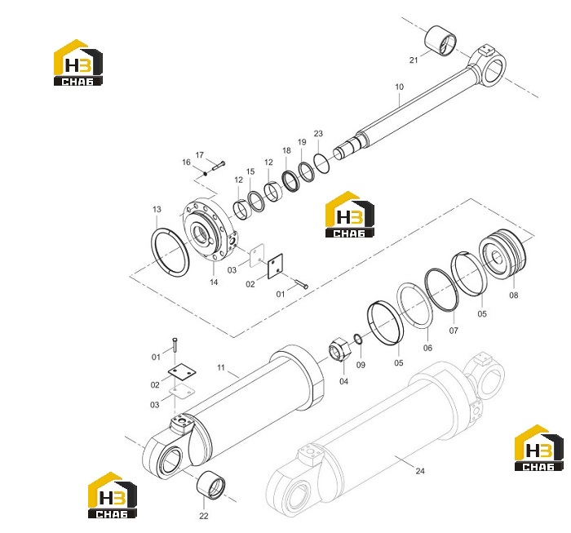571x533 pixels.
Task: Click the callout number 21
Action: click(x=414, y=60)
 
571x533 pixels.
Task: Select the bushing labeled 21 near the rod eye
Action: click(x=441, y=41)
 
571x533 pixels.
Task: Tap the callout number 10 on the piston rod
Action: click(x=399, y=87)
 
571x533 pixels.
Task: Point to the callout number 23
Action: click(x=318, y=134)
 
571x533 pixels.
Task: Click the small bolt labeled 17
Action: click(x=218, y=166)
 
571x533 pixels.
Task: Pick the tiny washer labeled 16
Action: click(x=205, y=173)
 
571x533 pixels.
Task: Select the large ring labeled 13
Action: click(x=170, y=252)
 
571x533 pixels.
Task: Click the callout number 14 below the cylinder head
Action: click(x=214, y=282)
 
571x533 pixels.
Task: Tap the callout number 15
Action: click(x=250, y=171)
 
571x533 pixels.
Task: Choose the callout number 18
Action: click(x=286, y=150)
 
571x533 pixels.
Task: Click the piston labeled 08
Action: click(x=502, y=254)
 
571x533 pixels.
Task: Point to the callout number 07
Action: click(x=454, y=331)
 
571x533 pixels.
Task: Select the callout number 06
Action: click(x=427, y=348)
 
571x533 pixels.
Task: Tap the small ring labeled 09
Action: click(x=358, y=339)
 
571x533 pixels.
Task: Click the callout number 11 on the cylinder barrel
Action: click(x=221, y=367)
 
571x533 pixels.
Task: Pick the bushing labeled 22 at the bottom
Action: click(x=210, y=485)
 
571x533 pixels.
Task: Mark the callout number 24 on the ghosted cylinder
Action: click(x=420, y=471)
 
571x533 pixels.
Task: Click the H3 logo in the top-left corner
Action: click(x=78, y=63)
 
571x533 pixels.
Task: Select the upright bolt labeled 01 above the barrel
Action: click(x=175, y=344)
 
